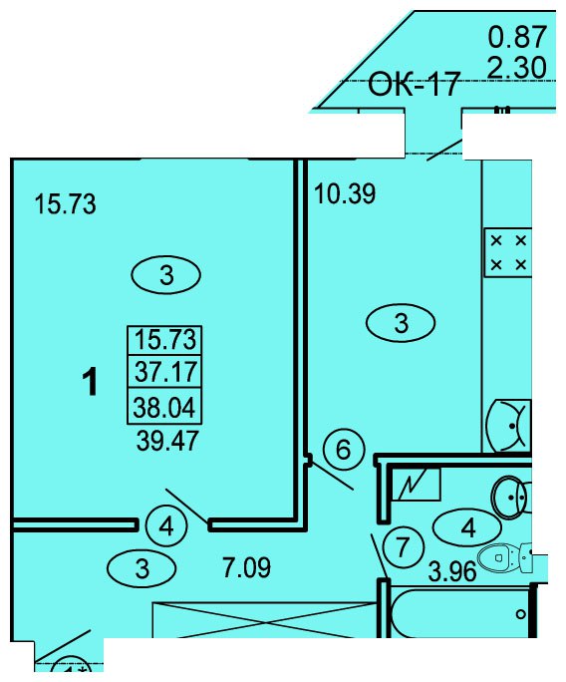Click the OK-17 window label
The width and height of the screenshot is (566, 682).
(414, 85)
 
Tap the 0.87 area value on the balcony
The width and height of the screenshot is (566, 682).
(517, 37)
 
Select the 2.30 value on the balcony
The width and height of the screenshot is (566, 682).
(517, 68)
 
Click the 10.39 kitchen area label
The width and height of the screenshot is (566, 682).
(345, 193)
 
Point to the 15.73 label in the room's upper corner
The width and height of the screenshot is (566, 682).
(65, 203)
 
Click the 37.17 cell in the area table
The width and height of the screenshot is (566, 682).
(165, 372)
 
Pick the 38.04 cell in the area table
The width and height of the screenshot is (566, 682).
(164, 408)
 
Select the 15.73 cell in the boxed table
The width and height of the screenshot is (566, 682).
(165, 339)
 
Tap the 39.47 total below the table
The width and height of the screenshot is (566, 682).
(167, 440)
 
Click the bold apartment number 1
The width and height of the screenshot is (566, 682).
(91, 382)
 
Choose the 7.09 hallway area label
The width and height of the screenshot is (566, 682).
(246, 567)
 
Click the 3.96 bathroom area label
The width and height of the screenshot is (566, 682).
(452, 571)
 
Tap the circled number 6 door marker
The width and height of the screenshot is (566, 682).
(344, 450)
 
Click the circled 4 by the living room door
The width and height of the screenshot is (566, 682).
(166, 526)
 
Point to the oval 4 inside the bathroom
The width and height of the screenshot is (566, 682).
(467, 528)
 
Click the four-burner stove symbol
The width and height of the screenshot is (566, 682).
(508, 252)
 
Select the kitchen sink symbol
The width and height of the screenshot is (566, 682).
(508, 426)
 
